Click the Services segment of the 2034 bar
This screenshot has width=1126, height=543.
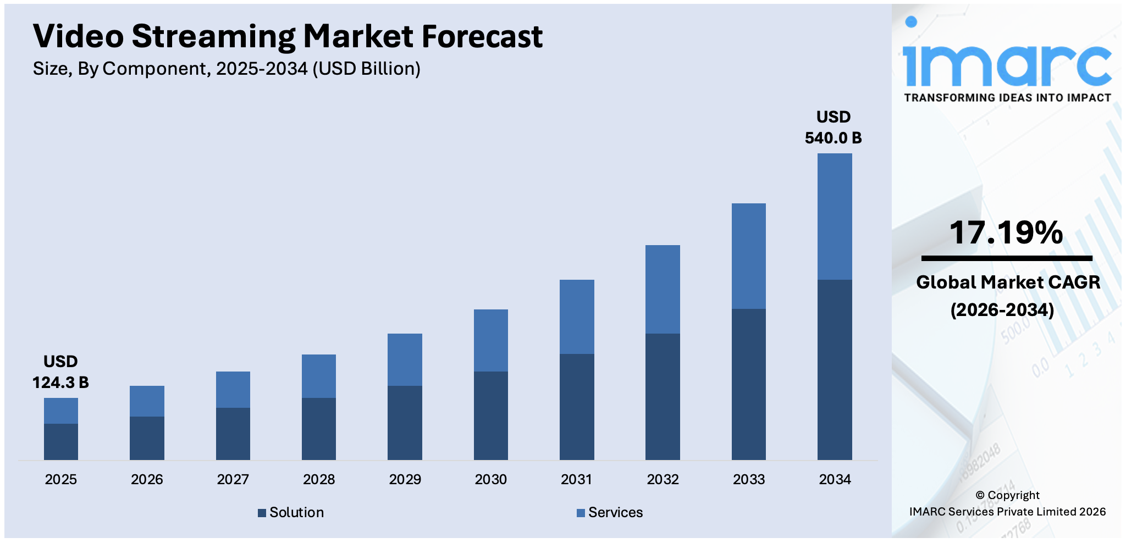[x=834, y=217]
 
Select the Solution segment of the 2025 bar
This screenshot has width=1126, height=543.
[x=60, y=441]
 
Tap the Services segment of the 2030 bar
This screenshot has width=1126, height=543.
[x=490, y=340]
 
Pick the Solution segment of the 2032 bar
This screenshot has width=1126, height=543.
[x=663, y=396]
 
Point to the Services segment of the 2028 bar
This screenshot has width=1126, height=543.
[x=318, y=376]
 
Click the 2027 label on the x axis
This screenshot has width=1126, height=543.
[x=233, y=479]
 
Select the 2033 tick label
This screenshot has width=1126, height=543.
[x=748, y=479]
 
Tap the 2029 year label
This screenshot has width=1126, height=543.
[x=405, y=479]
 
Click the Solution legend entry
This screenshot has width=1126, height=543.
[x=291, y=512]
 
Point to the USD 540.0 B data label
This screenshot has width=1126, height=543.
[x=833, y=128]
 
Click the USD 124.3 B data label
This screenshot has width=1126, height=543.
[x=60, y=372]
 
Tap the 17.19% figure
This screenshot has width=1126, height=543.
[x=1006, y=232]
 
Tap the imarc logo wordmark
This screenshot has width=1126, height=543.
[x=1006, y=63]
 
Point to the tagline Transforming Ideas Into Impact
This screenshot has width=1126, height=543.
[x=1007, y=98]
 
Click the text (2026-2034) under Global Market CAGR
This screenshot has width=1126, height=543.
[x=1002, y=310]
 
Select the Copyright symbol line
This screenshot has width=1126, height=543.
[x=1007, y=495]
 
